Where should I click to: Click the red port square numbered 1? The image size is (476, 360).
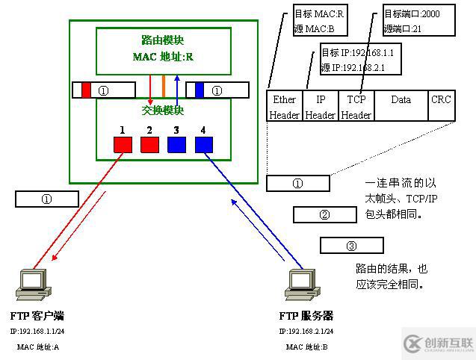click(x=122, y=144)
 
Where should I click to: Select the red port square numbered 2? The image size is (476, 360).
click(x=149, y=144)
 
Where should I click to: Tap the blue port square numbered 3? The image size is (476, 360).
click(x=176, y=144)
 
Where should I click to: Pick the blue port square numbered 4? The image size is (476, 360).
click(x=204, y=144)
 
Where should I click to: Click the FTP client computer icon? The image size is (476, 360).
click(x=34, y=283)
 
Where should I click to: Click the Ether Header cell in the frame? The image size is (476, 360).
click(x=284, y=107)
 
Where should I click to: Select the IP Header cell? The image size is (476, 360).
click(x=320, y=107)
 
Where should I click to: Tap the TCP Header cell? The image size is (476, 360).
click(x=356, y=107)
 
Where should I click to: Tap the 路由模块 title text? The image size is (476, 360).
click(x=162, y=39)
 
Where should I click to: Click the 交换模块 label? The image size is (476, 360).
click(x=162, y=111)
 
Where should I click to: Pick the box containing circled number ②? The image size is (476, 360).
click(x=324, y=215)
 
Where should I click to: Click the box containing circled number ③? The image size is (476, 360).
click(x=351, y=246)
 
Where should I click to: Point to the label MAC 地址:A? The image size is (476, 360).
click(x=37, y=347)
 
